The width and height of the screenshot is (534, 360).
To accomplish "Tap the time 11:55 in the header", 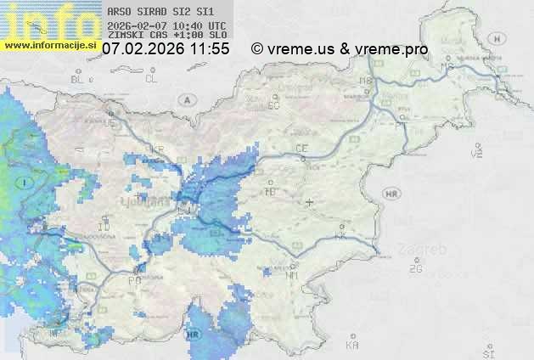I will (210, 49).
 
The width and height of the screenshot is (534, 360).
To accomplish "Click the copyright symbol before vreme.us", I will (257, 49).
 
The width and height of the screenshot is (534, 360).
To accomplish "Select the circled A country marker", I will (185, 99).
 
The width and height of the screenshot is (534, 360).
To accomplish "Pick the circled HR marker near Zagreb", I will (391, 194).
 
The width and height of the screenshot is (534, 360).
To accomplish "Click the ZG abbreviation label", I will (415, 269).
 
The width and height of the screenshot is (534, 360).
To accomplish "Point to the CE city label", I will (301, 149).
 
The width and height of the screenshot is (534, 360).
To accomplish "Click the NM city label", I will (292, 275).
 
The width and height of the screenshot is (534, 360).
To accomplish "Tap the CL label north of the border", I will (151, 79).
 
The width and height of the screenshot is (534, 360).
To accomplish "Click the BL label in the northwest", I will (78, 79).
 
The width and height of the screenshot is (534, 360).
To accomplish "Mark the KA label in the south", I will (351, 346).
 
